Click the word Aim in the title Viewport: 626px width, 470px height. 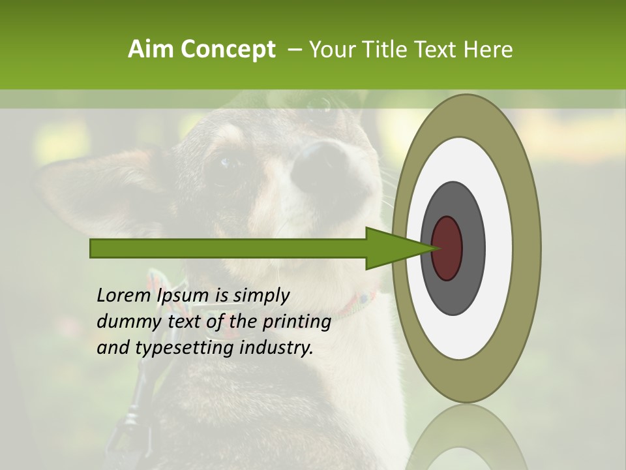coord(151,50)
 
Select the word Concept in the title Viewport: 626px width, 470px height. coord(228,50)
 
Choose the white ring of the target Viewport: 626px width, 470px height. coord(499,248)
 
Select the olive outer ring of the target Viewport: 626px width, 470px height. coord(527,248)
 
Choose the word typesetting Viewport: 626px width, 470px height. coord(184,349)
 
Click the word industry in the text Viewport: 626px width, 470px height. coord(277,348)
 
